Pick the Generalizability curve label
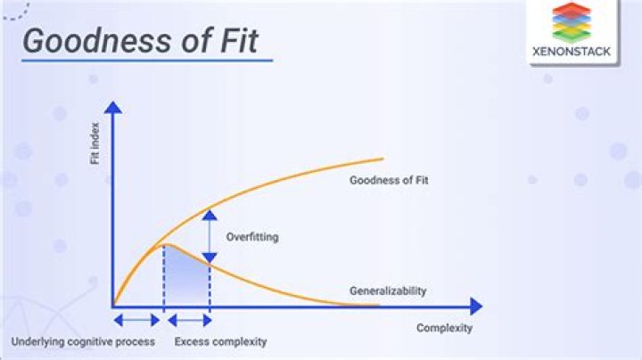(x=387, y=290)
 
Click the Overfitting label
(x=252, y=237)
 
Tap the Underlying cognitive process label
(x=83, y=342)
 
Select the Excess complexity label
(x=220, y=342)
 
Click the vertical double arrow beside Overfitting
(x=209, y=235)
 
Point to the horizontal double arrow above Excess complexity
(x=187, y=319)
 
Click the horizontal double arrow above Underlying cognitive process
(x=138, y=319)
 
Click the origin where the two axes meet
(x=113, y=306)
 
